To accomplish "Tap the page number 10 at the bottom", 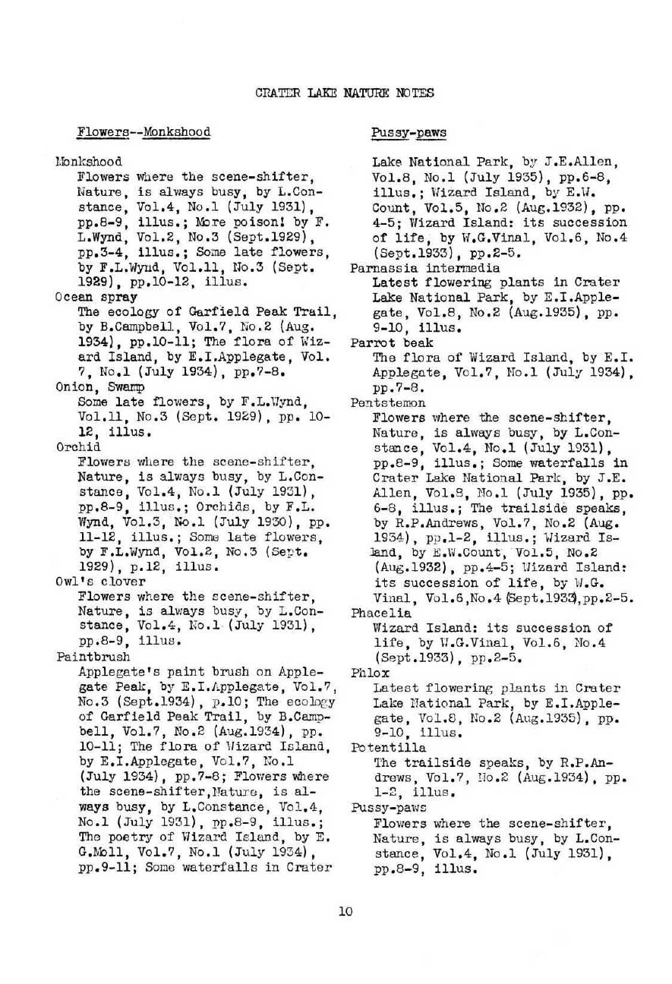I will click(345, 912).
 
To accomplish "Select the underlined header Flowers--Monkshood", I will click(144, 132).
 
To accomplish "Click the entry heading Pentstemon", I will click(387, 402).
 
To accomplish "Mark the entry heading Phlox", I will click(369, 672).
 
